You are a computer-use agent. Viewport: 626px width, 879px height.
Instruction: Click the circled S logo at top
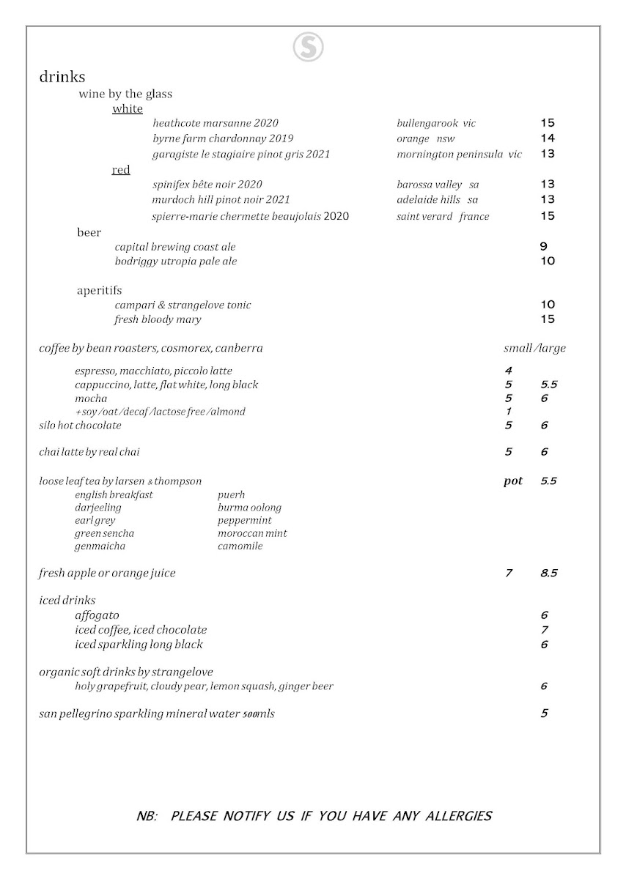pos(309,48)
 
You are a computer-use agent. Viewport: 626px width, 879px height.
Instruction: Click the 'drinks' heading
pos(62,77)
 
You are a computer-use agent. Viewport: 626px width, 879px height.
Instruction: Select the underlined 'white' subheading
pos(128,109)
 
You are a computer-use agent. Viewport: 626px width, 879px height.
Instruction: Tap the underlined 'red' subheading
pos(121,170)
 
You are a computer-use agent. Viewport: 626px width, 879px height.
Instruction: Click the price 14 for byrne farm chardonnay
pos(548,138)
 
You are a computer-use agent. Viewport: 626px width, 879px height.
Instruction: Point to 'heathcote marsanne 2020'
pos(216,123)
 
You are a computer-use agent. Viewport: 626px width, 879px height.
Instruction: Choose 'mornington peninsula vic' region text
pos(459,154)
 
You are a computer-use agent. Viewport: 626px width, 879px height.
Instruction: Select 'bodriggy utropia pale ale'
pos(176,262)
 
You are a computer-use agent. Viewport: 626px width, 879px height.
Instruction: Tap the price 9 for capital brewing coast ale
pos(543,247)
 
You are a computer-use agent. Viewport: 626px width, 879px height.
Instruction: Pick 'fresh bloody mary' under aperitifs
pos(158,319)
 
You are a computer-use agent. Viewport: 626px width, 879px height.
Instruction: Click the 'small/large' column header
pos(534,348)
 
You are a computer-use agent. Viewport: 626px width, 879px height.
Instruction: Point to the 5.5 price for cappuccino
pos(549,385)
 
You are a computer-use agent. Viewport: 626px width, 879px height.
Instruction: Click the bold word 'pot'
pos(513,481)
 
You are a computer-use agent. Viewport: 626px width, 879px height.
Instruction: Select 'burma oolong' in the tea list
pos(249,507)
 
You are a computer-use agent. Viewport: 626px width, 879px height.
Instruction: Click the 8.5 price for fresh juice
pos(549,573)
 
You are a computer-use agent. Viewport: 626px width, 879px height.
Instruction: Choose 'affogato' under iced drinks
pos(97,615)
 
